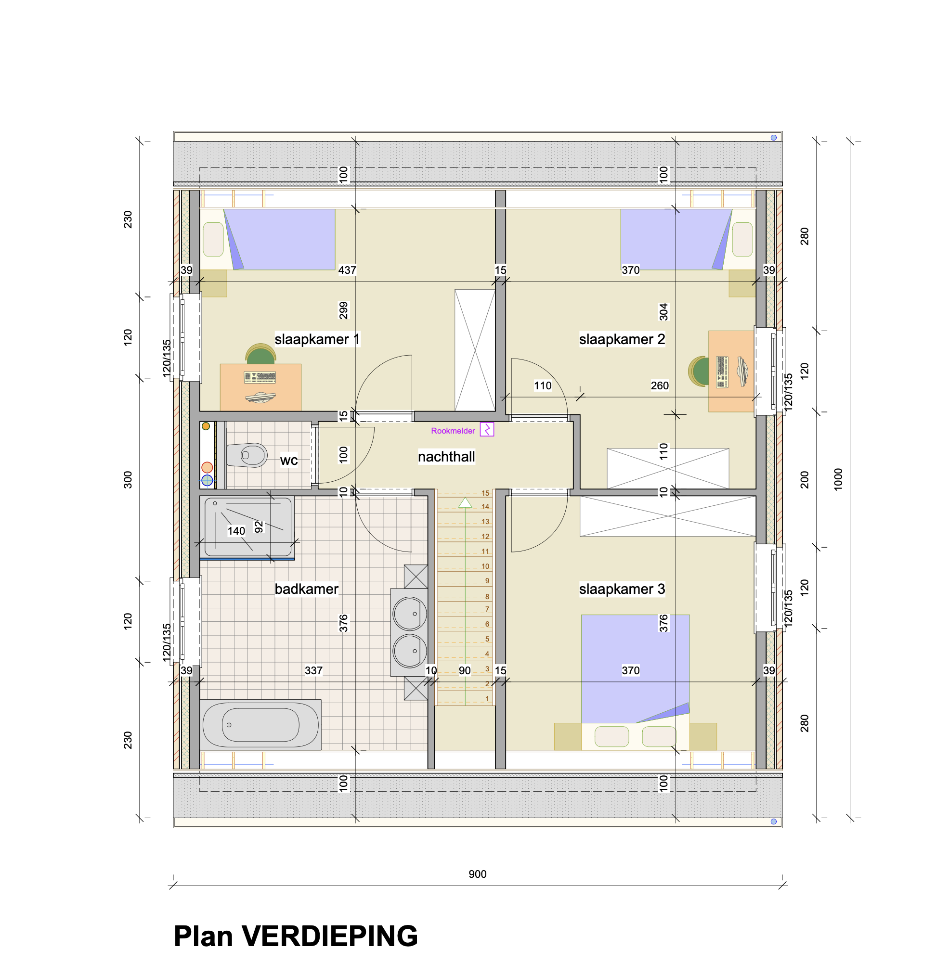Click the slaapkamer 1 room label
[x=316, y=339]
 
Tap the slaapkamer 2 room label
[x=622, y=339]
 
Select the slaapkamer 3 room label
[x=622, y=589]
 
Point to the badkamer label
[x=307, y=589]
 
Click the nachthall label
[x=446, y=457]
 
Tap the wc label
[x=288, y=460]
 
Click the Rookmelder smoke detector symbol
[x=487, y=429]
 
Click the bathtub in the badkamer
[x=260, y=725]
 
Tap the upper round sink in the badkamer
[x=410, y=614]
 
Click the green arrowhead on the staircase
[x=465, y=502]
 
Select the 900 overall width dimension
[x=477, y=874]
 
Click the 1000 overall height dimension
[x=838, y=479]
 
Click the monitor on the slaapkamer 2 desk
[x=742, y=371]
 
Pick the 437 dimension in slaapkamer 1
[x=347, y=270]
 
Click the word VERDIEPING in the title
[x=329, y=936]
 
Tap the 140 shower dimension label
[x=236, y=531]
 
